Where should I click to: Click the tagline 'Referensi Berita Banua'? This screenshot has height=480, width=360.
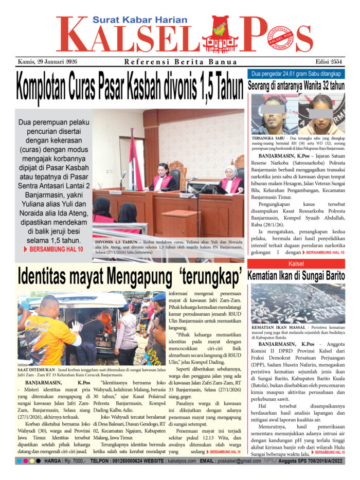[181, 62]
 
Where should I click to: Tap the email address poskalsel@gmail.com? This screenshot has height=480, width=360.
[239, 461]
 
